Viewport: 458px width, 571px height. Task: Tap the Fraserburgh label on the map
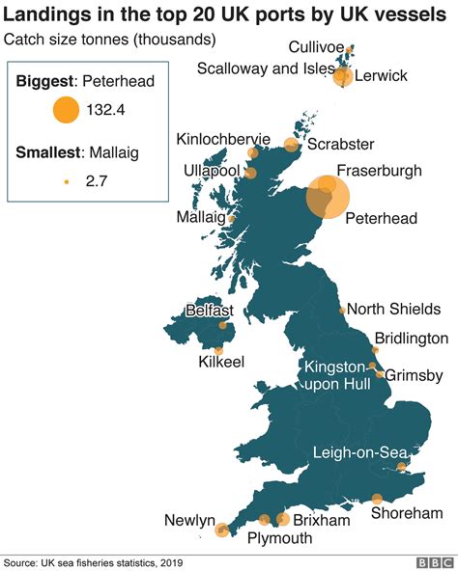click(379, 171)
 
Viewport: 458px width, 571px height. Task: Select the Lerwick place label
click(381, 76)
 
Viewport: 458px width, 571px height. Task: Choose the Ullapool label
click(212, 171)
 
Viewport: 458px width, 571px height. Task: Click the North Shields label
click(393, 310)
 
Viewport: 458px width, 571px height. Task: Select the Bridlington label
click(411, 339)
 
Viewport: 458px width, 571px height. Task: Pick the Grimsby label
click(415, 375)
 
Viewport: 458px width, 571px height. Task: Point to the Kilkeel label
click(221, 362)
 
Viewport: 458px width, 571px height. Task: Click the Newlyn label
click(189, 521)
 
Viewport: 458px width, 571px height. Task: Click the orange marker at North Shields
click(342, 311)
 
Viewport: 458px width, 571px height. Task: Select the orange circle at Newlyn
click(221, 530)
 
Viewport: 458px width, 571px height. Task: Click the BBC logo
click(435, 561)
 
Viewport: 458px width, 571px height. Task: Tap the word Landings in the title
click(45, 14)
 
